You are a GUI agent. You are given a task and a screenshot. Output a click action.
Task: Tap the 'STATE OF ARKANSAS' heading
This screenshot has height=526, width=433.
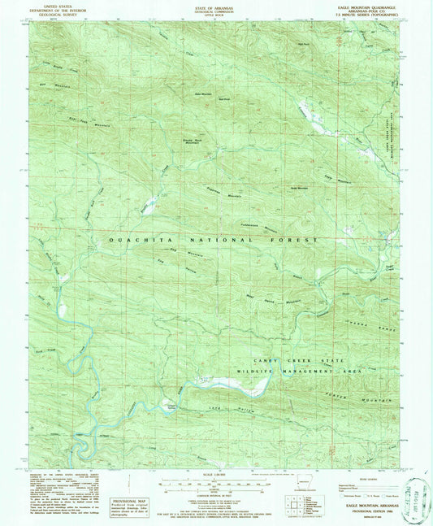pos(216,7)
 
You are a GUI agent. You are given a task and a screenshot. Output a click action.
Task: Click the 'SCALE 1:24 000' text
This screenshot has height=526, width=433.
pos(216,475)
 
